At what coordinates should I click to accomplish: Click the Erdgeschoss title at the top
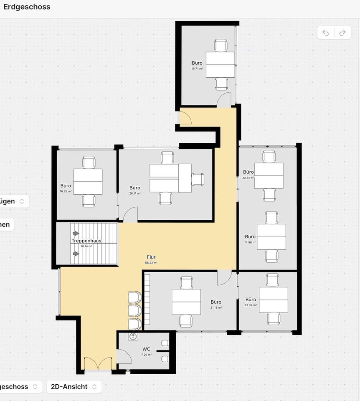click(x=27, y=7)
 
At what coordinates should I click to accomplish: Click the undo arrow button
click(x=326, y=33)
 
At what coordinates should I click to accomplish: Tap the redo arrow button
click(x=342, y=33)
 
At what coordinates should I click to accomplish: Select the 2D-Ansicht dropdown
click(x=74, y=386)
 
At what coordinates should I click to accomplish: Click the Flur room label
click(x=151, y=257)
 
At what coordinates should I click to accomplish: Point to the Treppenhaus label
click(x=86, y=241)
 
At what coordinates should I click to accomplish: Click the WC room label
click(x=146, y=349)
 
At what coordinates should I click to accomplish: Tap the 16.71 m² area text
click(x=197, y=69)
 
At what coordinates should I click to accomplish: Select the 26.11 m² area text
click(x=135, y=193)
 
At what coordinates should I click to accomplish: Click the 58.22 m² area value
click(x=151, y=263)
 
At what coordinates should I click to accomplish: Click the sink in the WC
click(x=133, y=337)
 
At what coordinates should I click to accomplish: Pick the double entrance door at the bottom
click(x=98, y=364)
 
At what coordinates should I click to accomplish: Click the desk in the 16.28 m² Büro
click(x=88, y=181)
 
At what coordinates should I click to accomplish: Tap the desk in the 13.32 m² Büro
click(x=274, y=299)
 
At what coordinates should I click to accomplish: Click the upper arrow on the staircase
click(x=76, y=233)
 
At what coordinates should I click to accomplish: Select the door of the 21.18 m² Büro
click(x=224, y=277)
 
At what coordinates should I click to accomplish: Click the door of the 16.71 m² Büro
click(x=224, y=100)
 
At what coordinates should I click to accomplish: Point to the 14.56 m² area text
click(x=250, y=242)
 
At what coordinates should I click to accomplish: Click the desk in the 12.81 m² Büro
click(x=269, y=175)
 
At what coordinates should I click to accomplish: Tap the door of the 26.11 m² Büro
click(x=130, y=215)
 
